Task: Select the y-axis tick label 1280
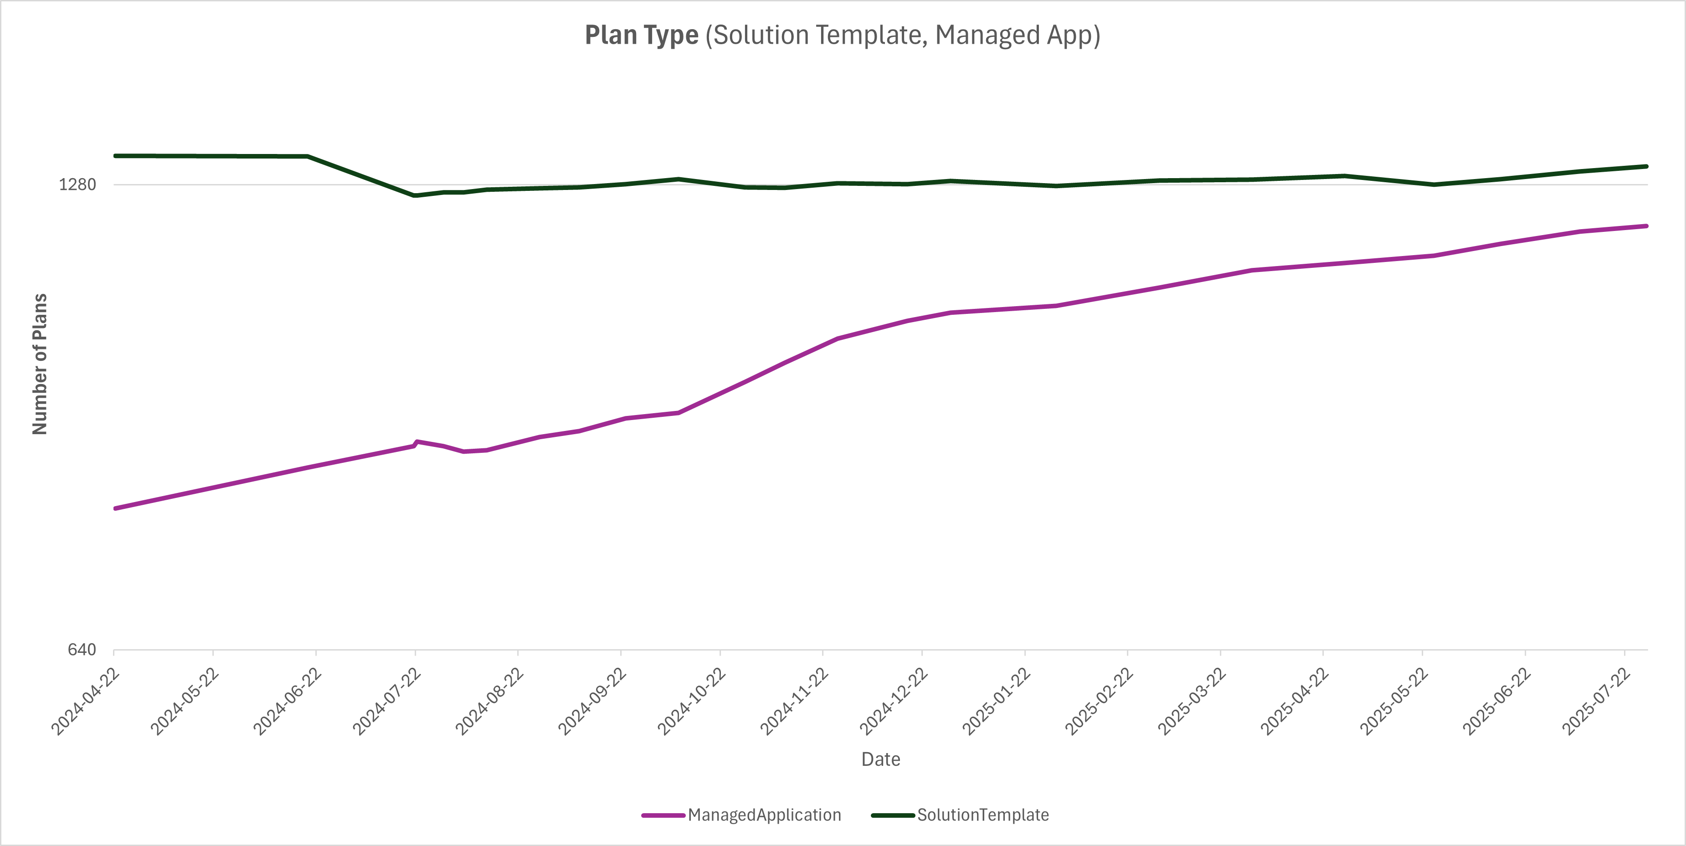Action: tap(77, 185)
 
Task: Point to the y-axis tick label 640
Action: tap(82, 650)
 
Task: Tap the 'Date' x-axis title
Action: tap(880, 759)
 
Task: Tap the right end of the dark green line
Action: tap(1646, 166)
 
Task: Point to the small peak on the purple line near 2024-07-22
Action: tap(417, 441)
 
